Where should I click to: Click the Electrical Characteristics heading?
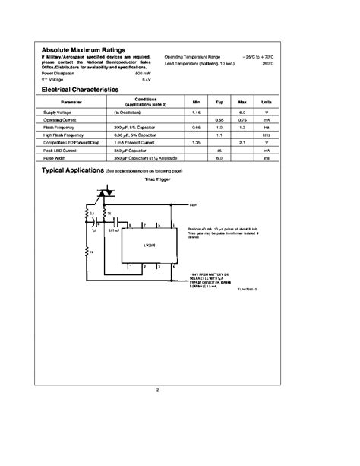pyautogui.click(x=80, y=90)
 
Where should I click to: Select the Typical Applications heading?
pyautogui.click(x=71, y=173)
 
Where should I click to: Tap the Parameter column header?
pyautogui.click(x=72, y=101)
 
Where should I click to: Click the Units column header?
pyautogui.click(x=267, y=101)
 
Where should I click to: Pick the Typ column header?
pyautogui.click(x=219, y=101)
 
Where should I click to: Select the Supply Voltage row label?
pyautogui.click(x=57, y=112)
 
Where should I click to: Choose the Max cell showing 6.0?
pyautogui.click(x=242, y=112)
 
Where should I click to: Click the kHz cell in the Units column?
pyautogui.click(x=267, y=136)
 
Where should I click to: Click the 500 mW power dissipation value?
pyautogui.click(x=143, y=74)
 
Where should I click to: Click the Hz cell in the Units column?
pyautogui.click(x=267, y=128)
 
